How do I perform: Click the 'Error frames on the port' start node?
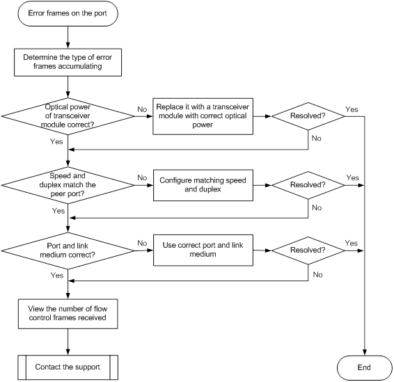[x=68, y=13]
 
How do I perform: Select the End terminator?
[x=364, y=367]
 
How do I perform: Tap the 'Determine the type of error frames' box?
[x=68, y=63]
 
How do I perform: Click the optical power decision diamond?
[x=68, y=116]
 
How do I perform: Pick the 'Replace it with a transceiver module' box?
[x=203, y=116]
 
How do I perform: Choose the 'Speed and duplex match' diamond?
[x=68, y=185]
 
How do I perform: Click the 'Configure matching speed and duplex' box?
[x=203, y=185]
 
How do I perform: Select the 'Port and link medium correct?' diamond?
[x=68, y=250]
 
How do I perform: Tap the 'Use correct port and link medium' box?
[x=203, y=250]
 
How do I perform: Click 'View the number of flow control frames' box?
[x=68, y=314]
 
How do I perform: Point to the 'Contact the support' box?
[x=68, y=367]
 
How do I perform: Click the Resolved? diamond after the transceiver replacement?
[x=308, y=116]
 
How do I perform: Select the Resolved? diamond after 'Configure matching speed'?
[x=308, y=185]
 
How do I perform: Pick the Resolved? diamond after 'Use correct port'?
[x=308, y=250]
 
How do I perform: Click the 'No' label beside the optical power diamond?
[x=142, y=109]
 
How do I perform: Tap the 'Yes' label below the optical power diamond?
[x=56, y=141]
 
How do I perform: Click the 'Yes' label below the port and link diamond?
[x=57, y=276]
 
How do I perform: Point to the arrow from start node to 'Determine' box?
[x=68, y=38]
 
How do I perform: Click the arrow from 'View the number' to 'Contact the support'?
[x=68, y=342]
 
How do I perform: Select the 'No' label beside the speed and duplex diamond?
[x=142, y=177]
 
